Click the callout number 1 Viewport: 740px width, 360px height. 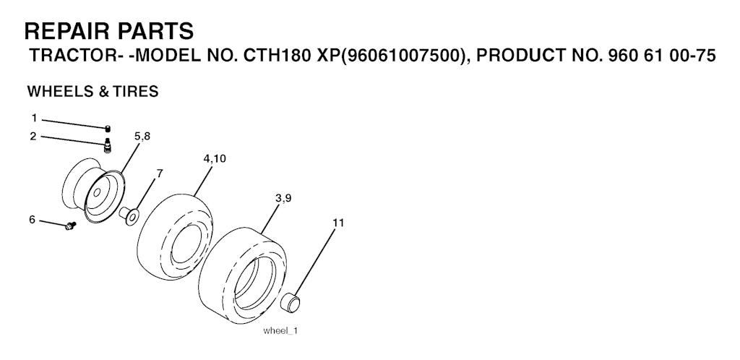(34, 118)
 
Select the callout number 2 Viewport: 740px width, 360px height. (33, 137)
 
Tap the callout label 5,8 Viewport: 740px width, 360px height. (142, 137)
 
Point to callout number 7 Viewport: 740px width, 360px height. (160, 173)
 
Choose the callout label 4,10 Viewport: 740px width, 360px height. (215, 158)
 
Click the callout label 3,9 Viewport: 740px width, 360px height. (283, 198)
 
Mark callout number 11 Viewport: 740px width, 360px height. (338, 223)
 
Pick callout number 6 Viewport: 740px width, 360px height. (32, 219)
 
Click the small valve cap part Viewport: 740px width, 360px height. (108, 128)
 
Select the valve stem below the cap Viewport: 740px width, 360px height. (107, 145)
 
